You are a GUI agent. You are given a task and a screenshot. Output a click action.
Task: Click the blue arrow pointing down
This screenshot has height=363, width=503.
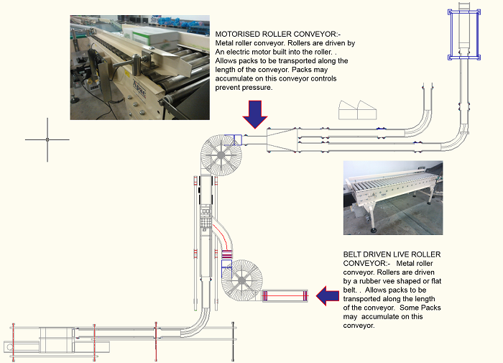tap(254, 113)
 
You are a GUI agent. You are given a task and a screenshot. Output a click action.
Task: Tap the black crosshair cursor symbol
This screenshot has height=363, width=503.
tap(47, 139)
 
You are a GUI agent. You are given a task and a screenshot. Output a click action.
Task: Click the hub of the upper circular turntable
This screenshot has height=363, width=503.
tap(220, 155)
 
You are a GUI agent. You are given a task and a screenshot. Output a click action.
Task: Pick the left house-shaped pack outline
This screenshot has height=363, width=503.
tap(348, 109)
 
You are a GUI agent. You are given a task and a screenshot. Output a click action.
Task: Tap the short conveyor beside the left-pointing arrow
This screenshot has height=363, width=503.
tap(286, 295)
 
